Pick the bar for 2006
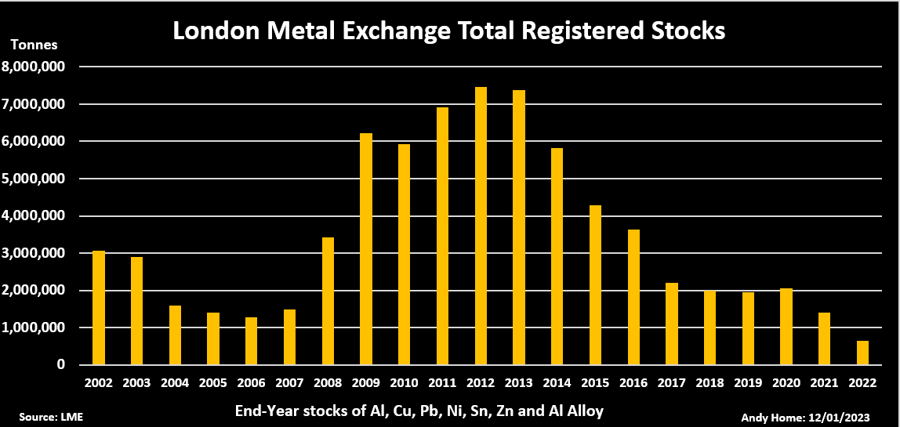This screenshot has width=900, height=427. tap(251, 341)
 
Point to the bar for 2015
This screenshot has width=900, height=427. tap(595, 285)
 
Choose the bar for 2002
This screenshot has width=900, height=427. tap(98, 308)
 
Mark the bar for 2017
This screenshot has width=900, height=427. tap(672, 324)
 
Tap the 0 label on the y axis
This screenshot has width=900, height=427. tap(60, 365)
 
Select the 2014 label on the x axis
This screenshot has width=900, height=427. tap(557, 384)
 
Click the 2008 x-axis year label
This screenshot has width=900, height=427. tap(328, 384)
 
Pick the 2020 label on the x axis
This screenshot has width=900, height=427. tap(786, 384)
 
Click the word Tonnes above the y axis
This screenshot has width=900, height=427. tap(34, 45)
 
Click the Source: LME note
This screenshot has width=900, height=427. tap(50, 416)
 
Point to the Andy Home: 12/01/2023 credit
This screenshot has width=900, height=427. tap(808, 416)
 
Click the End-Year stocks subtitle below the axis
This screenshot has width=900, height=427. tap(419, 411)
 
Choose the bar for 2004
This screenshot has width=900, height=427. tap(175, 335)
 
